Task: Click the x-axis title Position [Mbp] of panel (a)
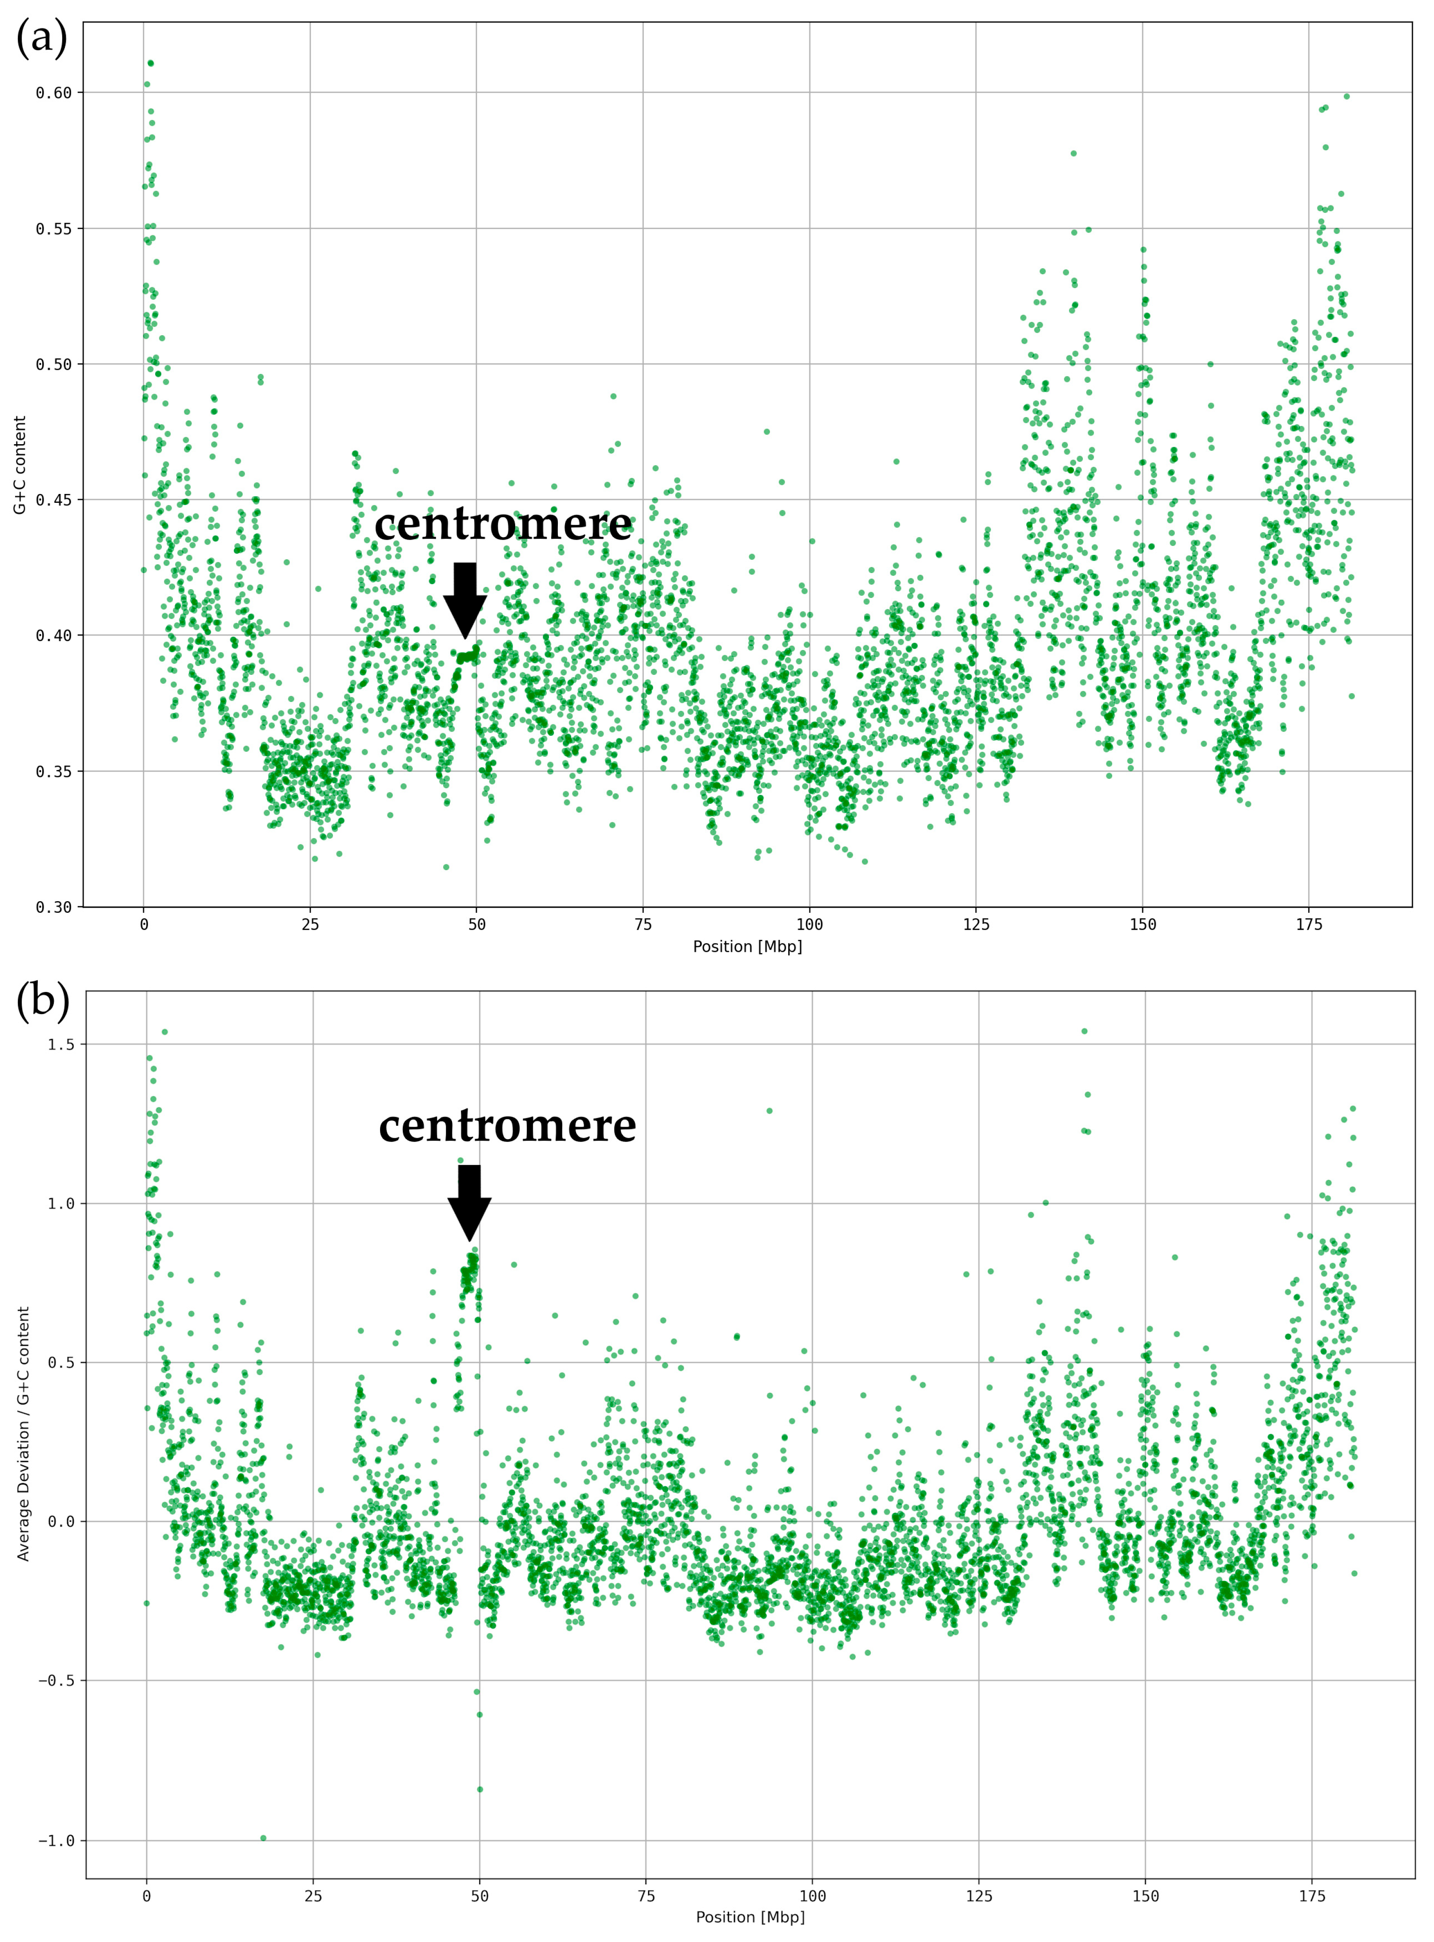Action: pyautogui.click(x=747, y=946)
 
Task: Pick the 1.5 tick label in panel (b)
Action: pyautogui.click(x=61, y=1044)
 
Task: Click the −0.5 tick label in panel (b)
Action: pyautogui.click(x=56, y=1681)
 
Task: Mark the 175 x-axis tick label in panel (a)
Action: pyautogui.click(x=1309, y=925)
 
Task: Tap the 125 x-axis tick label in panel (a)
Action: pyautogui.click(x=976, y=925)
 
